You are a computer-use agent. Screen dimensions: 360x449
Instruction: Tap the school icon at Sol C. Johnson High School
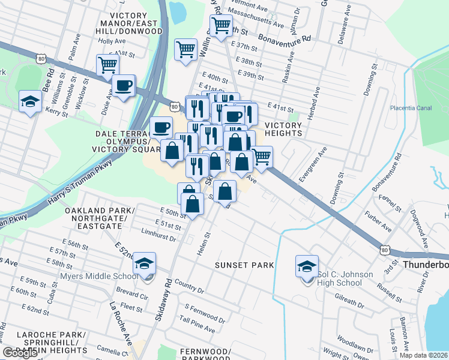(307, 266)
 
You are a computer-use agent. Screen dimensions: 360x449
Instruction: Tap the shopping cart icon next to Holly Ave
(108, 64)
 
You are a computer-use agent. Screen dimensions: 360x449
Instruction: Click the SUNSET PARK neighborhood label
(246, 265)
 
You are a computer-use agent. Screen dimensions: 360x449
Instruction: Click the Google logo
(20, 353)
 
